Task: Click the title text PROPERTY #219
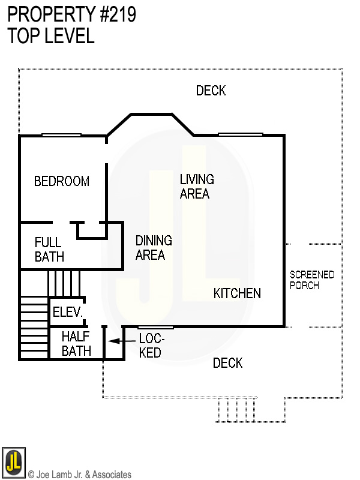point(71,14)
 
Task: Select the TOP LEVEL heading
point(51,36)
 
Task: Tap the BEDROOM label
point(62,181)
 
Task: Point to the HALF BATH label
point(76,344)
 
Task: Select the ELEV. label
point(67,312)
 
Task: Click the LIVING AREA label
point(196,187)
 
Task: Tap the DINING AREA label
point(154,248)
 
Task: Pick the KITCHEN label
point(237,293)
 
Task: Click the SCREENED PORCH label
point(311,280)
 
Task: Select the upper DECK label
point(211,91)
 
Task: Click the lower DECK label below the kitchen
point(227,363)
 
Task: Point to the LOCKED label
point(151,345)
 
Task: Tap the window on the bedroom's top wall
point(61,135)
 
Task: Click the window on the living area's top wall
point(240,134)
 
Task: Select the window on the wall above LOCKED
point(155,327)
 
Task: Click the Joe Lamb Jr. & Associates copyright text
point(80,475)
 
